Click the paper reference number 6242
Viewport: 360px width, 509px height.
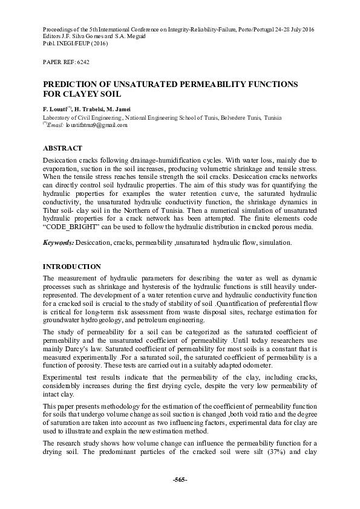(79, 62)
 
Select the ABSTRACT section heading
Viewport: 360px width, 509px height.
(62, 148)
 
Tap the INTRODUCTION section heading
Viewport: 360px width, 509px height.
(71, 266)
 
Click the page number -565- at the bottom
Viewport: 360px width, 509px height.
(180, 479)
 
